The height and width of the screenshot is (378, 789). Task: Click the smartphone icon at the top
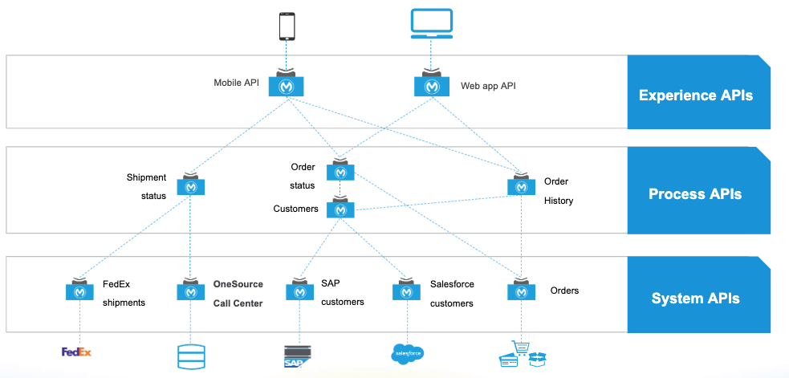point(287,25)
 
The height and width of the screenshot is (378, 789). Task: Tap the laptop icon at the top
point(431,24)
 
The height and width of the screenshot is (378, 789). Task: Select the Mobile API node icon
point(287,84)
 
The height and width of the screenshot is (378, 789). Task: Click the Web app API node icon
point(431,84)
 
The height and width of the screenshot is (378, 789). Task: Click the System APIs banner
point(697,298)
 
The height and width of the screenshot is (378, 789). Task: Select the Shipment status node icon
point(191,185)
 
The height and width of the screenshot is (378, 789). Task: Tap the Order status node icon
point(340,171)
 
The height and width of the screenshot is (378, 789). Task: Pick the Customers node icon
point(340,209)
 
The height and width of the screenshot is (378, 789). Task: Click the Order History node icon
point(522,185)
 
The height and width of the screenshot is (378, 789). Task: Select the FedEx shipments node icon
point(80,291)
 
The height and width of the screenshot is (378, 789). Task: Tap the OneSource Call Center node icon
point(190,291)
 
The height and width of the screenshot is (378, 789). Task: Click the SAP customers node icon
point(299,291)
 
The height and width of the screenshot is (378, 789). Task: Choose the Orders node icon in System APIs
point(522,291)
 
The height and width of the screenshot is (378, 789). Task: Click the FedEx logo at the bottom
point(77,352)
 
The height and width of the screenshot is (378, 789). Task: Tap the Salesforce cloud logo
point(407,353)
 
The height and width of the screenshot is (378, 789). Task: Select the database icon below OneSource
point(190,356)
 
